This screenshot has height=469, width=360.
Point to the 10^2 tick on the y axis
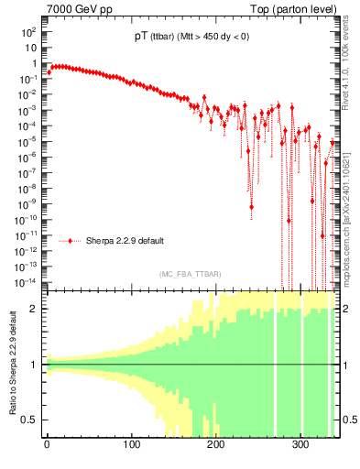[27, 32]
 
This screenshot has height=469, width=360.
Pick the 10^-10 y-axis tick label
[26, 219]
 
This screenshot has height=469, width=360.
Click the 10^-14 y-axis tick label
[26, 281]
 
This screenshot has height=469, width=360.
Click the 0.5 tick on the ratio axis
[30, 420]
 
